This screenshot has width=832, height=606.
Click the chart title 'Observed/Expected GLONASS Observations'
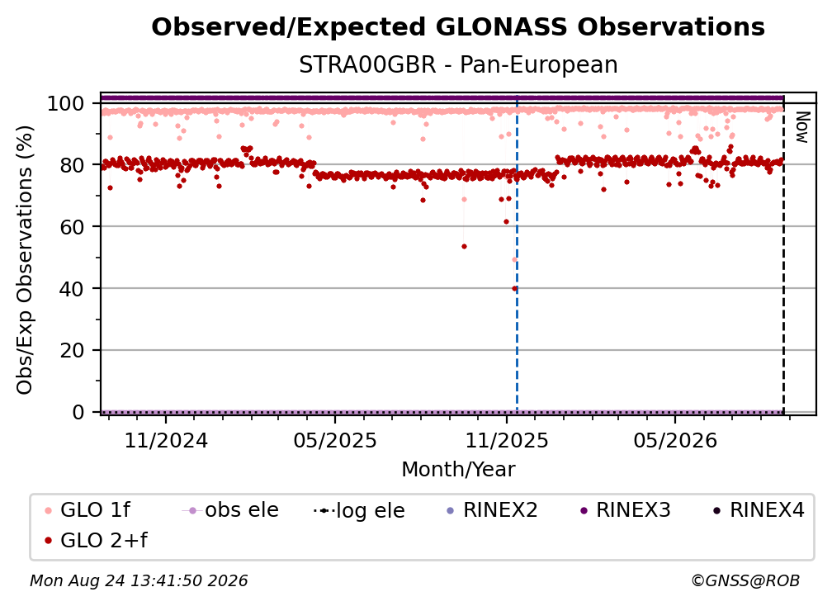(x=458, y=27)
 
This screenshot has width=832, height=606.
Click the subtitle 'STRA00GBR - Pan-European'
(x=458, y=65)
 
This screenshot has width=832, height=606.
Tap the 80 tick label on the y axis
(x=72, y=165)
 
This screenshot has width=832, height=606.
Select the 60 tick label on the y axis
(x=72, y=227)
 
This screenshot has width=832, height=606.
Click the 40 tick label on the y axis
(x=72, y=289)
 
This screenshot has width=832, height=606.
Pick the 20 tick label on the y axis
(x=72, y=350)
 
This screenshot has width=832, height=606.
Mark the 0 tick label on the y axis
(x=78, y=412)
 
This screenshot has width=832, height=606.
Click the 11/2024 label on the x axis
(x=166, y=440)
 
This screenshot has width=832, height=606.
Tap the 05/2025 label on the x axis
(x=335, y=440)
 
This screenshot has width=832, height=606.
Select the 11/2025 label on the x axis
(x=507, y=440)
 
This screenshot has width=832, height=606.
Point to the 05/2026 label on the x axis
(x=675, y=440)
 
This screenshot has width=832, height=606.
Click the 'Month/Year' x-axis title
(x=458, y=469)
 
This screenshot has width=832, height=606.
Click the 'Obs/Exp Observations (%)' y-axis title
(x=25, y=260)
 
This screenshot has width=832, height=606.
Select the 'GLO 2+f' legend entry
(x=96, y=541)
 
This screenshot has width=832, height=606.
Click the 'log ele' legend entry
(x=359, y=510)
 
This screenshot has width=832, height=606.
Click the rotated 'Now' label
(x=801, y=127)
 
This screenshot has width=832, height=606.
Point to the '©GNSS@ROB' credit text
(x=745, y=580)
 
